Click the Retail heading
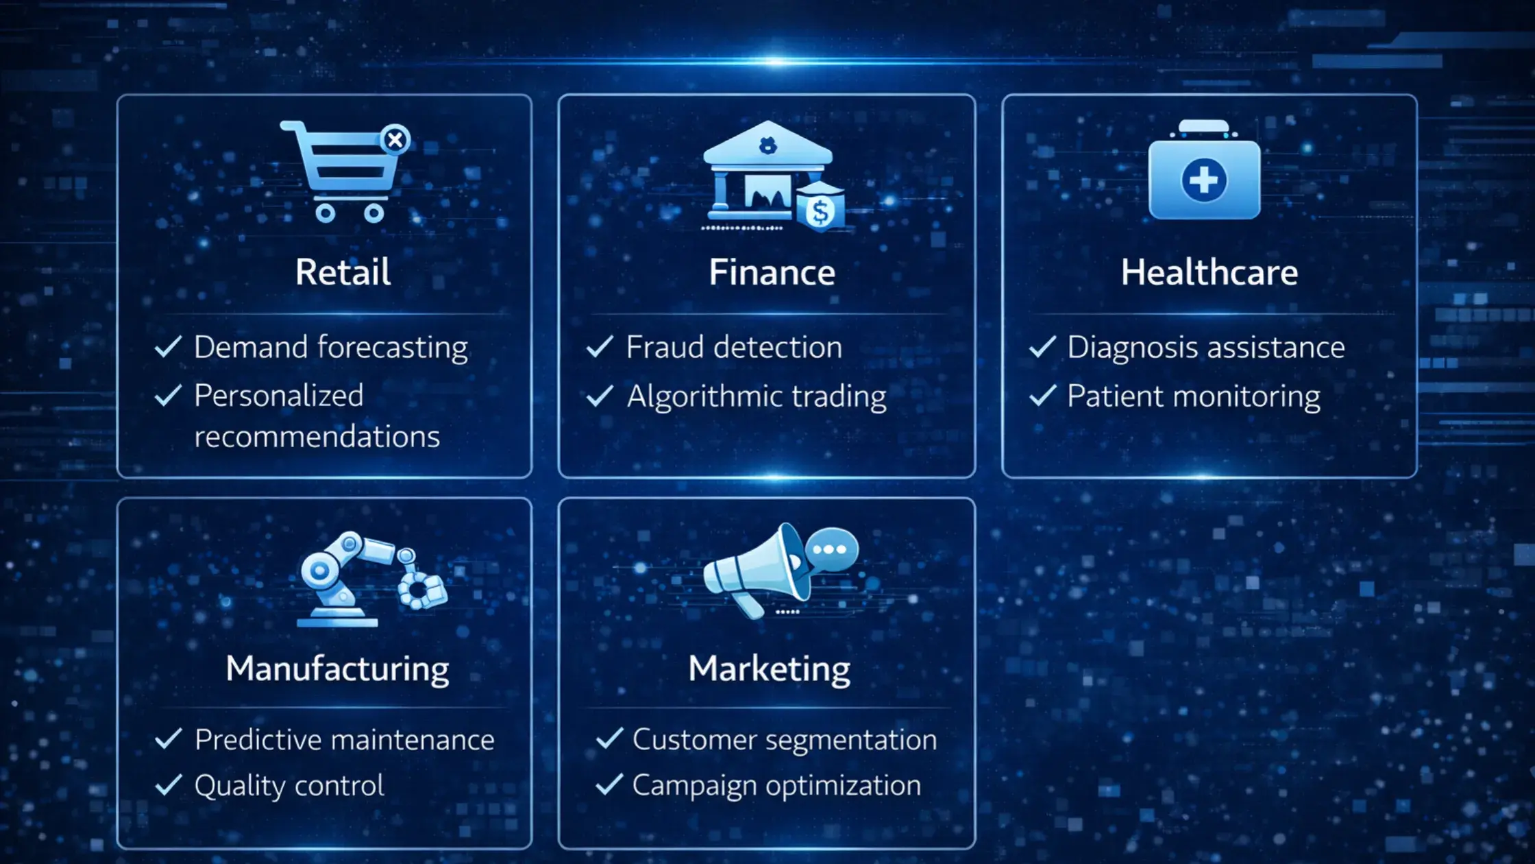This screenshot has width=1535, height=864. tap(343, 272)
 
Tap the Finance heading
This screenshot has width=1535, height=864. tap(772, 272)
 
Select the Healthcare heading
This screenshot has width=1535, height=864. tap(1209, 272)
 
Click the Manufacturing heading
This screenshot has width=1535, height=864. tap(337, 669)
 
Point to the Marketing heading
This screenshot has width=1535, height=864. tap(769, 669)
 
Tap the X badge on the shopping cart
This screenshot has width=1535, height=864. tap(395, 140)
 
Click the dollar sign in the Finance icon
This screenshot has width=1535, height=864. tap(819, 211)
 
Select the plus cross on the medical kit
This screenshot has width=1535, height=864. tap(1204, 180)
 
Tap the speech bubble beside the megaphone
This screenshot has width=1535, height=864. tap(831, 549)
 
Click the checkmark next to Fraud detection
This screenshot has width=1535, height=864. tap(600, 347)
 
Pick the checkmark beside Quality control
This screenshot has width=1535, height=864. tap(169, 785)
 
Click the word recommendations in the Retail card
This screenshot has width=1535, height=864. tap(317, 437)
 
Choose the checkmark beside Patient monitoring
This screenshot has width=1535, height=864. tap(1042, 396)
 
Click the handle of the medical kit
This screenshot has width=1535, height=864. tap(1204, 128)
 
